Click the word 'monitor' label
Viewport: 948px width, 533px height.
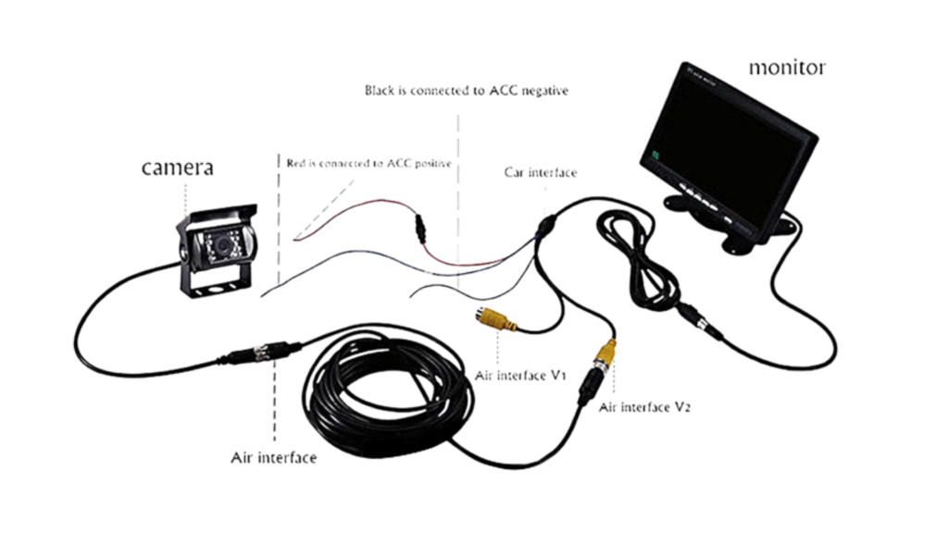(787, 67)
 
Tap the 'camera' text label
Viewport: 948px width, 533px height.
(177, 167)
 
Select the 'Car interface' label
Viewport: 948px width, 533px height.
(540, 172)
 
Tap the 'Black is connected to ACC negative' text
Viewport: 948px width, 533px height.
(466, 91)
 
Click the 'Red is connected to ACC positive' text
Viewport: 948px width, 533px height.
(368, 164)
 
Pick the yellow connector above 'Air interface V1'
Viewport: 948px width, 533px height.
(494, 321)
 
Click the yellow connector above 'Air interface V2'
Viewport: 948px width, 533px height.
(605, 353)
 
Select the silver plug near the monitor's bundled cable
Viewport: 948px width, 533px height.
(709, 325)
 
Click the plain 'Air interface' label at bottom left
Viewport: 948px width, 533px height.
(273, 457)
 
